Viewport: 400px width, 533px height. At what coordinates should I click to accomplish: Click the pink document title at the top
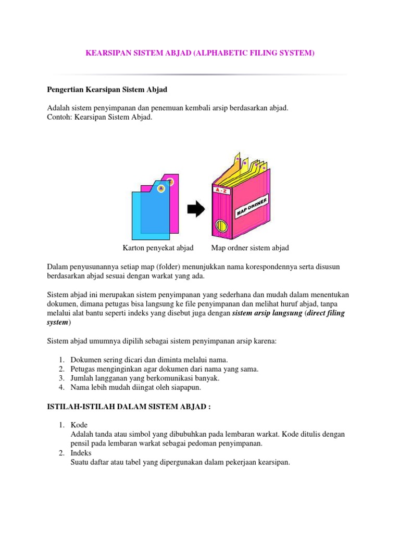(200, 53)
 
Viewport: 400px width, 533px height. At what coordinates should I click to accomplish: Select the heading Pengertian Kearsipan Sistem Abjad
(107, 90)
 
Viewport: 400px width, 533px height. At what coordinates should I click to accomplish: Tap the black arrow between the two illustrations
(196, 209)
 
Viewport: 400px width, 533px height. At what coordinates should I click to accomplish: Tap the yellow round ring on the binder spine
(221, 226)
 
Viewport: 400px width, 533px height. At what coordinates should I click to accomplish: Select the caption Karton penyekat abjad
(158, 248)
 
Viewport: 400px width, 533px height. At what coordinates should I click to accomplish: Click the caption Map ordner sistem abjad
(250, 248)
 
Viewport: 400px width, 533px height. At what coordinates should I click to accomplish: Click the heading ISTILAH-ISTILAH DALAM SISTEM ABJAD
(129, 407)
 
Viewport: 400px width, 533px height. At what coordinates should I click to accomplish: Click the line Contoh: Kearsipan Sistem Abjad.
(99, 117)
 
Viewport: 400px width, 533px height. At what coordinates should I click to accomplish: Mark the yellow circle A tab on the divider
(161, 188)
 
